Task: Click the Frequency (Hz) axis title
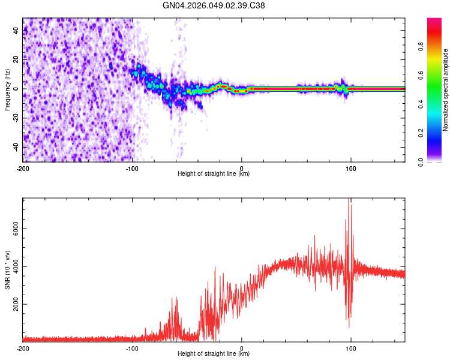click(7, 89)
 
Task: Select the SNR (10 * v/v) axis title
click(7, 269)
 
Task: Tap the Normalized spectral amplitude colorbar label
click(446, 89)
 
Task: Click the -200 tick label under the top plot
click(23, 169)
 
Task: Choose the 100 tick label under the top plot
click(350, 169)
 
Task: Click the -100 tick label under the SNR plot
click(132, 349)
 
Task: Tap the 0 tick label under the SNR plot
click(241, 349)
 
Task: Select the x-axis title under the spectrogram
click(214, 174)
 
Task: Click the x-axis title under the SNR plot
click(214, 354)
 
